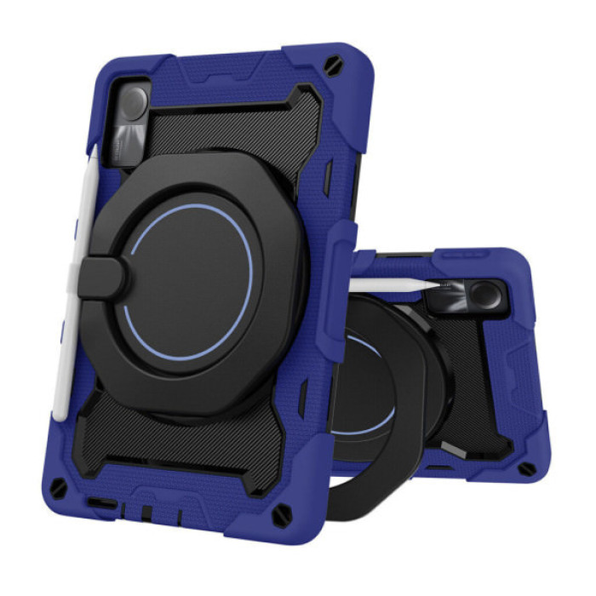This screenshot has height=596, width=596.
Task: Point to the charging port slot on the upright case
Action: tap(102, 504)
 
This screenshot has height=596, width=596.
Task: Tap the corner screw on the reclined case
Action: tap(527, 468)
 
